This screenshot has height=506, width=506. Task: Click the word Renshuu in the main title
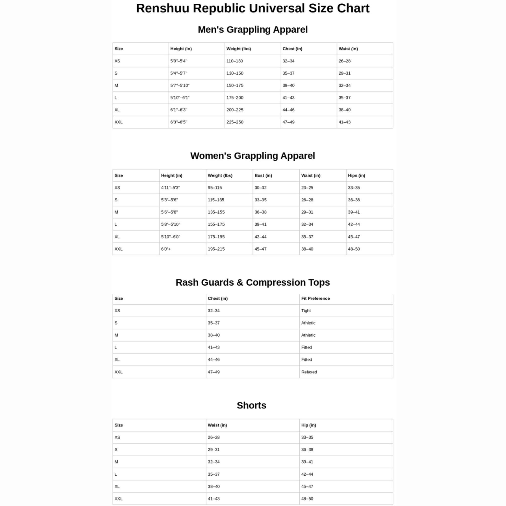pos(162,8)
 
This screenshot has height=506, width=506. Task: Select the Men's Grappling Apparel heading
pos(253,30)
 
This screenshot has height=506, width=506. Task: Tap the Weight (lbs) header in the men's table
pos(239,49)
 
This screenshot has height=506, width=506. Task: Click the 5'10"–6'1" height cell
pos(180,98)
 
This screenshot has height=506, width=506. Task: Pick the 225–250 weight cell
pos(235,122)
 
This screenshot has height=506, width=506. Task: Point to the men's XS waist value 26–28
pos(344,61)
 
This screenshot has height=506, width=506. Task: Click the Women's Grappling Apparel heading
pos(253,156)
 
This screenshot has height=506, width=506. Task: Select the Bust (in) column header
pos(263,175)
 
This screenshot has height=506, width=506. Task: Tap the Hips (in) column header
pos(357,175)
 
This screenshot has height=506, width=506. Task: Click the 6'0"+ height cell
pos(166,249)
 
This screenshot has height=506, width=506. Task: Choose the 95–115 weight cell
pos(215,188)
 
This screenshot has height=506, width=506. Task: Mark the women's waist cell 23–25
pos(307,188)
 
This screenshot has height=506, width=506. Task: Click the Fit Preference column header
pos(315,298)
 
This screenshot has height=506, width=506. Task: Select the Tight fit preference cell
pos(306,311)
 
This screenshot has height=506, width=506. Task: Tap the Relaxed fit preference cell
pos(309,372)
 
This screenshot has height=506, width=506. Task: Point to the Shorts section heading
pos(252,405)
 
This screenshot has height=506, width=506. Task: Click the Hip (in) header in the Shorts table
pos(309,425)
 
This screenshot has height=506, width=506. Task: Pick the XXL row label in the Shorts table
pos(118,499)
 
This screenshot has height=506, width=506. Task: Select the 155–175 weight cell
pos(216,224)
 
